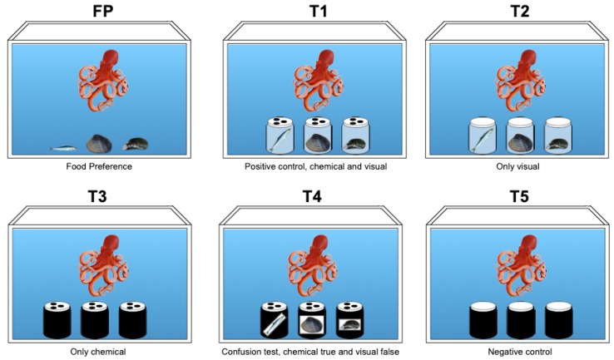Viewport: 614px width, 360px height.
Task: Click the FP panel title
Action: pyautogui.click(x=103, y=11)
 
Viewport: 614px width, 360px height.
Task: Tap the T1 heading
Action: pyautogui.click(x=318, y=11)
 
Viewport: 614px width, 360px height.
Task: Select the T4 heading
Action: pyautogui.click(x=312, y=195)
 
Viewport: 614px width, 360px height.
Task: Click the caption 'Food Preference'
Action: pyautogui.click(x=99, y=166)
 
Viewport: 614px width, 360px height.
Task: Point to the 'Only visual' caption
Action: pyautogui.click(x=517, y=166)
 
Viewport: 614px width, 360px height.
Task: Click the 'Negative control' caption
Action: pyautogui.click(x=520, y=352)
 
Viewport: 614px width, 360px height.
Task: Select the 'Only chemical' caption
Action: pyautogui.click(x=98, y=352)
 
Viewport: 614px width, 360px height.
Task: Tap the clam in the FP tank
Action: pyautogui.click(x=99, y=144)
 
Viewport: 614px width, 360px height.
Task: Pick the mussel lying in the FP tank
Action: pyautogui.click(x=135, y=144)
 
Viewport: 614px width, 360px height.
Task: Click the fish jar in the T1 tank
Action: pyautogui.click(x=280, y=136)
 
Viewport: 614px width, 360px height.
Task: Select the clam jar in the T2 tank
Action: pyautogui.click(x=520, y=136)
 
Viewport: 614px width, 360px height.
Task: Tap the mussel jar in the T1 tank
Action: pyautogui.click(x=355, y=136)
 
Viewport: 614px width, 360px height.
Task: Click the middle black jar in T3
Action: pyautogui.click(x=95, y=320)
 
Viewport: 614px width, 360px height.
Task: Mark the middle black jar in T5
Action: pyautogui.click(x=521, y=320)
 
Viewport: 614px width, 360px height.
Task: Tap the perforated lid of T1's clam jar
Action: pyautogui.click(x=318, y=121)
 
